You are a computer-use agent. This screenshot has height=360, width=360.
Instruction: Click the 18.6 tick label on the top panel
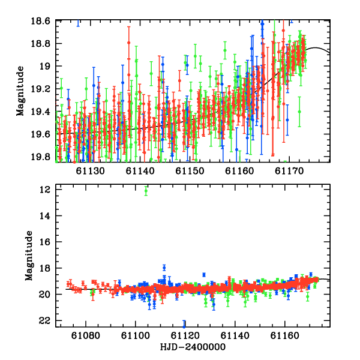pos(40,21)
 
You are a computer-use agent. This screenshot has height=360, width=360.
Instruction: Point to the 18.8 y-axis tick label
pos(40,44)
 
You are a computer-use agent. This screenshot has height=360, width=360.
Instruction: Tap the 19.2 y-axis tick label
pos(40,89)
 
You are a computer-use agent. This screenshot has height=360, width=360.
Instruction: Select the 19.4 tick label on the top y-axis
pos(40,112)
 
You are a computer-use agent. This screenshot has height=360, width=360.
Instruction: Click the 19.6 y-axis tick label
pos(40,134)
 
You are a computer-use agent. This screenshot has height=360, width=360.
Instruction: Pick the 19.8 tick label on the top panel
pos(40,157)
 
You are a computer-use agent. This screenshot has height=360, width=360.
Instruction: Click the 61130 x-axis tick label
pos(90,171)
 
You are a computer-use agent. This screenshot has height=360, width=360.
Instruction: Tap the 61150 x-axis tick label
pos(190,171)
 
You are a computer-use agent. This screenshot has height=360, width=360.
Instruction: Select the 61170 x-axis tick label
pos(289,171)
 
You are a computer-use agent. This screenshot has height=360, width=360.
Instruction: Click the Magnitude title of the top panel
pos(20,91)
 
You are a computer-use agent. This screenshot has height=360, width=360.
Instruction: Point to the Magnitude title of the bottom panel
pos(29,256)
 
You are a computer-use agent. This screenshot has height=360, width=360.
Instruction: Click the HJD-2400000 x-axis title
pos(193,347)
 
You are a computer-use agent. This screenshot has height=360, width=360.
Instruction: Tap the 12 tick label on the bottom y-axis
pos(44,190)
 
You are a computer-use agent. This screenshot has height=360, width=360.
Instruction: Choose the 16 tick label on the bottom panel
pos(44,242)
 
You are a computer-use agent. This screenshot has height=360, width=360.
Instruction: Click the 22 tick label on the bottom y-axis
pos(44,321)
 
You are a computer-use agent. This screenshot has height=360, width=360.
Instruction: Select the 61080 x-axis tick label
pos(86,335)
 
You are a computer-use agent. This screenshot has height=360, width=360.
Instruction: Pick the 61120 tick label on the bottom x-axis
pos(185,335)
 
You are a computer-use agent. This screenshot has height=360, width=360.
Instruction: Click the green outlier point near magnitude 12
pos(146,191)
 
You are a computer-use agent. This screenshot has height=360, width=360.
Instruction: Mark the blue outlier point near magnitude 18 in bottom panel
pos(164,268)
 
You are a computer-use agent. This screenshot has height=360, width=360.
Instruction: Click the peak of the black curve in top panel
pos(315,48)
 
